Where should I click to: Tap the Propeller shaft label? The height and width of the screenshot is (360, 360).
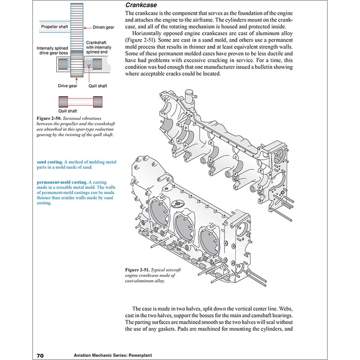pyautogui.click(x=55, y=27)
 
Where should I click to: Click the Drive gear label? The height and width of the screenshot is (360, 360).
pyautogui.click(x=67, y=85)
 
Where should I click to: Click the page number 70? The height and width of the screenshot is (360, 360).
pyautogui.click(x=39, y=355)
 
